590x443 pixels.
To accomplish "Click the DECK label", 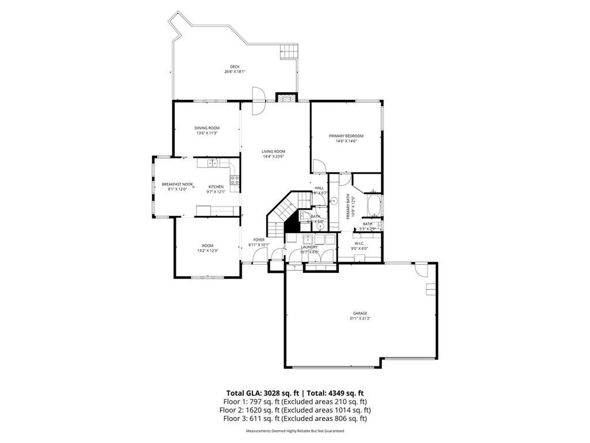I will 235,67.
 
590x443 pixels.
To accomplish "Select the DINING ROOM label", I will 207,128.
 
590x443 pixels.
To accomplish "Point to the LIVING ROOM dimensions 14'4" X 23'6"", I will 273,156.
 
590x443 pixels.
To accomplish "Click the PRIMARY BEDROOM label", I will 346,136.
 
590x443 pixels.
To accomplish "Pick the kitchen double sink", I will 210,163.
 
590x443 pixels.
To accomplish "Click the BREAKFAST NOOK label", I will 177,184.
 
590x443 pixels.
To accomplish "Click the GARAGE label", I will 361,313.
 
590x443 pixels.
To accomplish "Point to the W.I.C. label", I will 359,243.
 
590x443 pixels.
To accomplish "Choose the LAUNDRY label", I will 309,247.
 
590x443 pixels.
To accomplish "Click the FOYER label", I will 259,239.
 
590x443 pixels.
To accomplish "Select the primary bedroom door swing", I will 317,166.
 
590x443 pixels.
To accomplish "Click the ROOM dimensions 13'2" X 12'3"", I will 207,250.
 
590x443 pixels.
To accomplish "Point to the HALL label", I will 319,188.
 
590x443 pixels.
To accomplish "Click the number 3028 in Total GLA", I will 272,392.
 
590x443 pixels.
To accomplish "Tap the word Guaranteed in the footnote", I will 330,431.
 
